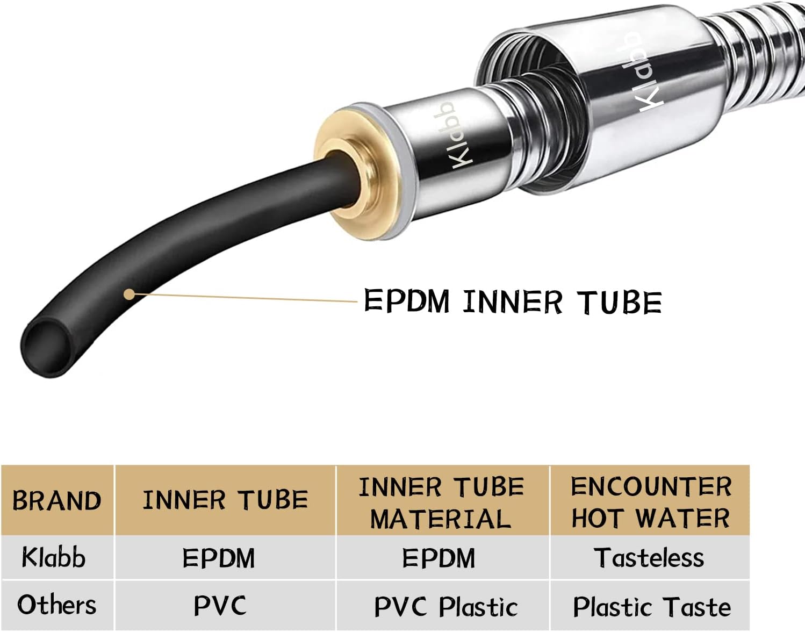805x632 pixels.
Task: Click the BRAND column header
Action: tap(57, 500)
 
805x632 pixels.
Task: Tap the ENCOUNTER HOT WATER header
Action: tap(651, 502)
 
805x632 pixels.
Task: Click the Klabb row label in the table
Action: tap(54, 557)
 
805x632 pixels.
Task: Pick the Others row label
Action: tap(57, 605)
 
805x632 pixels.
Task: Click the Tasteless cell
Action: tap(649, 558)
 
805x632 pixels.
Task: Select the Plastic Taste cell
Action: tap(652, 607)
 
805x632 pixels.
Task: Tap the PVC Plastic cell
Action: tap(445, 607)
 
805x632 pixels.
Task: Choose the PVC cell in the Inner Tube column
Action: tap(220, 606)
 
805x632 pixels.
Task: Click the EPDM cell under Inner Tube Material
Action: tap(439, 558)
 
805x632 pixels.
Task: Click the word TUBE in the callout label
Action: tap(619, 302)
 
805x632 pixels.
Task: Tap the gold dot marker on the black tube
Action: tap(129, 294)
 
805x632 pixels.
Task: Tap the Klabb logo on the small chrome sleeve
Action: tap(455, 135)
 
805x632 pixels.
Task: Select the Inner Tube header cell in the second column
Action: tap(225, 500)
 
